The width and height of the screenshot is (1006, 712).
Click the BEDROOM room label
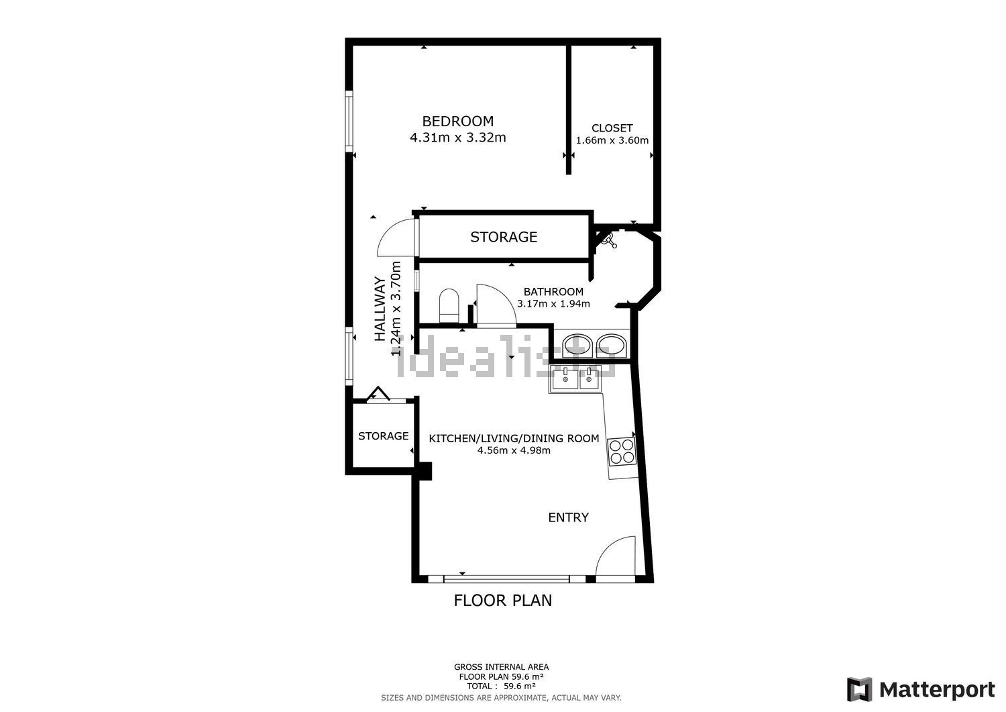pos(457,121)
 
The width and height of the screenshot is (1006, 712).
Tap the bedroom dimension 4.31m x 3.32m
pos(457,137)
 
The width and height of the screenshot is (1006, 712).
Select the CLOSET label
pos(612,128)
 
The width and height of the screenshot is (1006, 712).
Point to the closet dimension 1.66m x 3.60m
pos(612,140)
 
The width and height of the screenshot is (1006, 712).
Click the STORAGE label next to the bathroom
pos(504,237)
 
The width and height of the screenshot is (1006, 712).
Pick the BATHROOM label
pos(553,292)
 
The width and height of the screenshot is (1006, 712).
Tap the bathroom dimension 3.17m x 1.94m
pos(553,304)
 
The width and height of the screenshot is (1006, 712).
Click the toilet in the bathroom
pos(449,305)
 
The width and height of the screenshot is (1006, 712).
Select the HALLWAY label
pos(380,309)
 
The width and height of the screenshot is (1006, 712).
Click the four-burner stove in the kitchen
pos(622,452)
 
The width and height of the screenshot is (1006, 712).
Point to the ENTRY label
pos(568,517)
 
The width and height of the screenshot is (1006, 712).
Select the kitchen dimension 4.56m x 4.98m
pos(514,450)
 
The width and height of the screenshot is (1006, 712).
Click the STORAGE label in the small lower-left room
pos(383,436)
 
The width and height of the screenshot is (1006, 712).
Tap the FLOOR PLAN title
pos(502,601)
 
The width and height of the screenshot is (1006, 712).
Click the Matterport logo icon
pos(860,689)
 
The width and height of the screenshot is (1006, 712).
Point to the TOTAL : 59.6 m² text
pos(501,686)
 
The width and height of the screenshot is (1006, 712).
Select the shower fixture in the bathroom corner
pos(608,240)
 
